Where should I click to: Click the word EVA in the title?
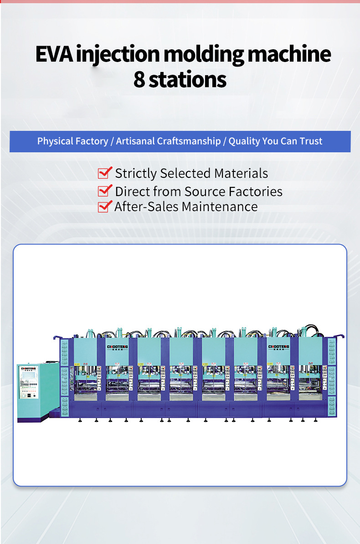coord(54,54)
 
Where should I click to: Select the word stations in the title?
coord(188,80)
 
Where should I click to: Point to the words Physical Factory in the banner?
coord(72,141)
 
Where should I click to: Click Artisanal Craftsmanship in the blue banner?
coord(168,141)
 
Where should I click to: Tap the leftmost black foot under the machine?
coord(80,420)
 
